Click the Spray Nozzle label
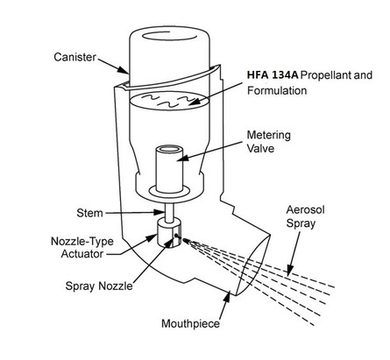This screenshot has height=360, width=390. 123,286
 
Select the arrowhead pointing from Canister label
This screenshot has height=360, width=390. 125,68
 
